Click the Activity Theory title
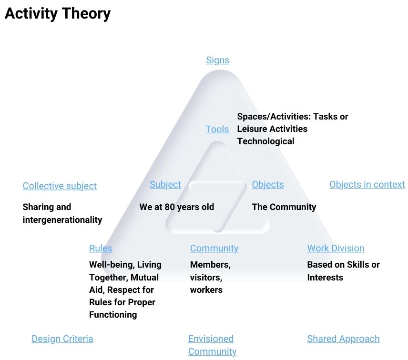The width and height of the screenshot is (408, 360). click(x=58, y=13)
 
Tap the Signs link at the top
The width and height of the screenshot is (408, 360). click(x=217, y=60)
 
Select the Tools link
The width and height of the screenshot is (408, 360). click(x=217, y=129)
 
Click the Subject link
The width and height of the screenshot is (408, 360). click(x=165, y=185)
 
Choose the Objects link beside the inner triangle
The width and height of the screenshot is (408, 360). click(x=268, y=185)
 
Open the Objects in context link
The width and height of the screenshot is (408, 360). click(x=367, y=185)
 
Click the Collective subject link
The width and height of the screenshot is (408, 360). click(x=60, y=186)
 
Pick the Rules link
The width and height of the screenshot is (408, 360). click(x=101, y=248)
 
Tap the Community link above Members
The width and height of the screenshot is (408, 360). click(x=214, y=248)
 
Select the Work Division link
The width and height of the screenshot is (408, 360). click(x=336, y=248)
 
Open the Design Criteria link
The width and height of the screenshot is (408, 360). click(x=62, y=339)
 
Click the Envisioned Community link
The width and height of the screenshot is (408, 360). click(x=212, y=345)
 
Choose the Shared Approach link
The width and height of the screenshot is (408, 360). click(x=343, y=339)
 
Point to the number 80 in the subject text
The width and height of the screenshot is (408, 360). click(x=170, y=207)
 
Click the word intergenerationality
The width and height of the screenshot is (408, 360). click(x=62, y=220)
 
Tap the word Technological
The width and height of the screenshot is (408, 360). click(x=265, y=141)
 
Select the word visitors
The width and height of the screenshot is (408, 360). click(x=206, y=278)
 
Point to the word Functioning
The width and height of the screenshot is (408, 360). click(x=113, y=315)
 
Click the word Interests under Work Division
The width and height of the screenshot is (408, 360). click(x=325, y=278)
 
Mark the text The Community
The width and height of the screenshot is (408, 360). click(x=284, y=207)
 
